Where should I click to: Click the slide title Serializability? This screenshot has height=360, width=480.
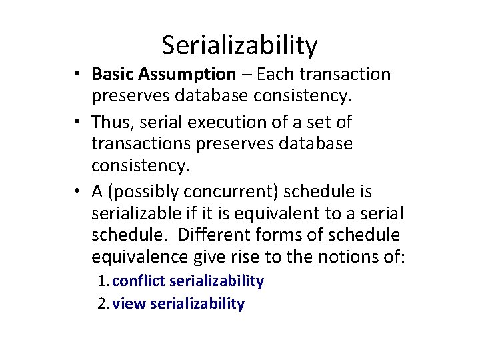tap(239, 45)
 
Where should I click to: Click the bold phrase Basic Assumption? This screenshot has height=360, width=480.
tap(164, 74)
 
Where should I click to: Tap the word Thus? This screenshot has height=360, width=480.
tap(113, 122)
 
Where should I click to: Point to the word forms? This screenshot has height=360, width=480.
tap(288, 235)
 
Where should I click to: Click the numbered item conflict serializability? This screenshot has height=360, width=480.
tap(189, 281)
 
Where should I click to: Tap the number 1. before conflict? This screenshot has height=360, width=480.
tap(104, 281)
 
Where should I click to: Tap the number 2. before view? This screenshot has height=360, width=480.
tap(104, 304)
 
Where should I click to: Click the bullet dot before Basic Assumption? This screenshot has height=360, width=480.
tap(79, 75)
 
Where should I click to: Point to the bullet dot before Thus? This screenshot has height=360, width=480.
tap(79, 123)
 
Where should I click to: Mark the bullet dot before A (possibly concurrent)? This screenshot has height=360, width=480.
tap(79, 192)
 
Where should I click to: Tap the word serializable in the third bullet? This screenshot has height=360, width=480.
tap(135, 213)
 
